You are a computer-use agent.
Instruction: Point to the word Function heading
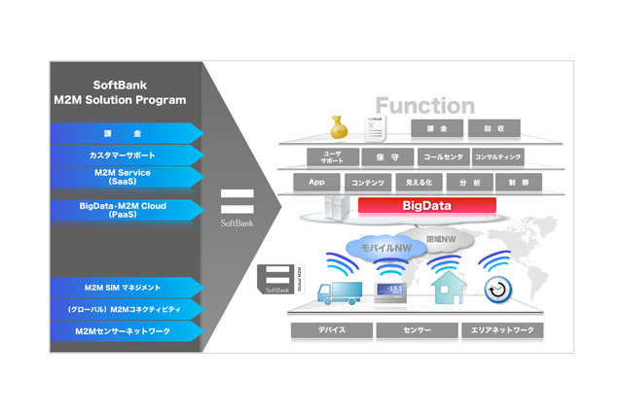pyautogui.click(x=425, y=106)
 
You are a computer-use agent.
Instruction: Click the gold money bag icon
pyautogui.click(x=338, y=127)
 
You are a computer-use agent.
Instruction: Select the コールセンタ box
pyautogui.click(x=443, y=156)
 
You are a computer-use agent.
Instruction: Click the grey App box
pyautogui.click(x=316, y=182)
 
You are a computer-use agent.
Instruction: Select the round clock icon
pyautogui.click(x=498, y=289)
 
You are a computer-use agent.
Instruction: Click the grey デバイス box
pyautogui.click(x=332, y=330)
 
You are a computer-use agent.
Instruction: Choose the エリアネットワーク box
pyautogui.click(x=502, y=330)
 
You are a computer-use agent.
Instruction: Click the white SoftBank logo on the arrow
pyautogui.click(x=237, y=207)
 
